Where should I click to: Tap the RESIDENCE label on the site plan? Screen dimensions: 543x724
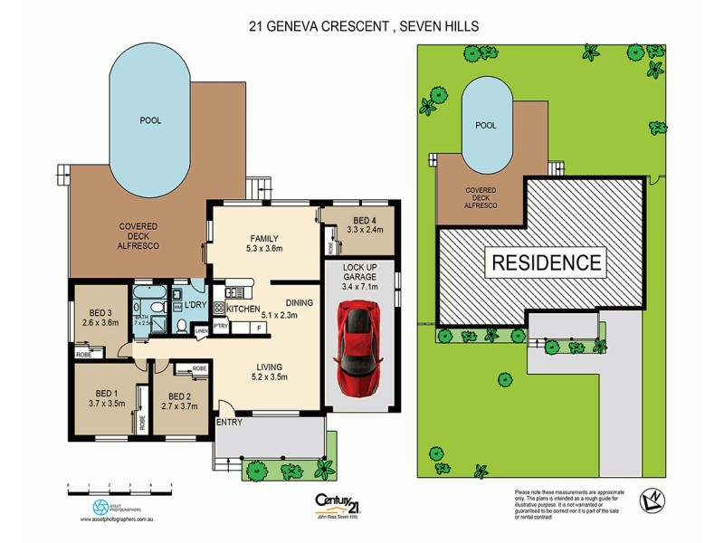tap(546, 263)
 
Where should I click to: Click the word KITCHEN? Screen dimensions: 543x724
tap(243, 310)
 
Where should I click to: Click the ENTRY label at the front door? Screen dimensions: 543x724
tap(229, 423)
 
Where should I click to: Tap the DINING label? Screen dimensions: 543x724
tap(299, 303)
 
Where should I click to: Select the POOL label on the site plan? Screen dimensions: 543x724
tap(486, 126)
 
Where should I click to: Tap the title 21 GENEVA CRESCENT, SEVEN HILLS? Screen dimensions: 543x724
tap(364, 26)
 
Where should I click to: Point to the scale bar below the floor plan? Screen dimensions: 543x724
tap(119, 488)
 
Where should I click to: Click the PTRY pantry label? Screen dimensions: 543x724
tap(221, 326)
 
